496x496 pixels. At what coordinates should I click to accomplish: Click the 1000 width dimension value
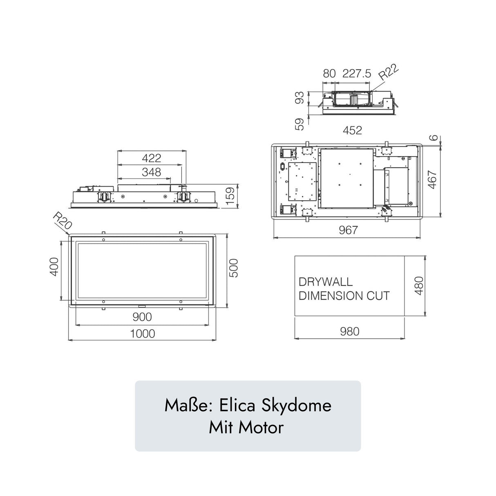(143, 334)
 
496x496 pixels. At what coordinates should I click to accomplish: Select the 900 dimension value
(143, 317)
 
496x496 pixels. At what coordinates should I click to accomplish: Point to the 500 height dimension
(234, 268)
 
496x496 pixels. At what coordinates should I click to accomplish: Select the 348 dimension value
(151, 172)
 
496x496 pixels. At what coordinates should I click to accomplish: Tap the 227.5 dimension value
(357, 74)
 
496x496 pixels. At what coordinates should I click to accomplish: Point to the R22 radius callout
(388, 74)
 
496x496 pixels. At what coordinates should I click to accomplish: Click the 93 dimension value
(300, 98)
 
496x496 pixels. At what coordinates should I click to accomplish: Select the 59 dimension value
(300, 124)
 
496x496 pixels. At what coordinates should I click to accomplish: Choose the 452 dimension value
(352, 130)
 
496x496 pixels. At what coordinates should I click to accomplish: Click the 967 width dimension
(348, 230)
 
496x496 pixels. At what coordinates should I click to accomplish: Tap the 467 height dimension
(433, 179)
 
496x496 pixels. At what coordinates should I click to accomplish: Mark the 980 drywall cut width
(350, 331)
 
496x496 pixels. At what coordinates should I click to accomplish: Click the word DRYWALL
(326, 282)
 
